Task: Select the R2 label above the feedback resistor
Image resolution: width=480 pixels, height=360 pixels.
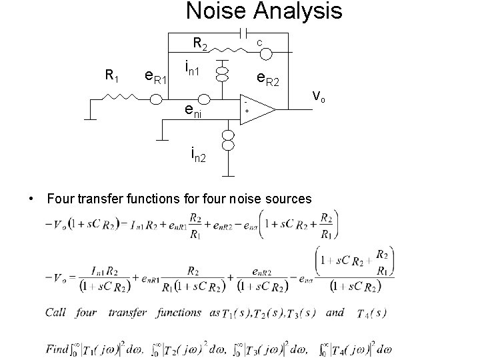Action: click(x=200, y=45)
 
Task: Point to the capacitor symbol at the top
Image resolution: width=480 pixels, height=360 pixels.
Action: click(x=245, y=33)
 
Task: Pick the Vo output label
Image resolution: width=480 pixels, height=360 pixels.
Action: click(x=319, y=97)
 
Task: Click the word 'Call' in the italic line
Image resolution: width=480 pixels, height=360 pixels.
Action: click(x=56, y=313)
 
